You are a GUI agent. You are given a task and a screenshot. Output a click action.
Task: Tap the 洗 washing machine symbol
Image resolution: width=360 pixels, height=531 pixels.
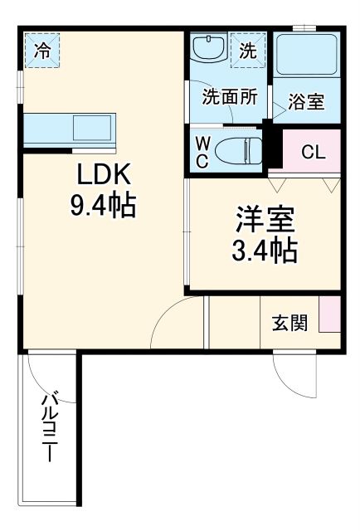248,51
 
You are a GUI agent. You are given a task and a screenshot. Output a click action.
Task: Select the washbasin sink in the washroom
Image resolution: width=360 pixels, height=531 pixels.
207,50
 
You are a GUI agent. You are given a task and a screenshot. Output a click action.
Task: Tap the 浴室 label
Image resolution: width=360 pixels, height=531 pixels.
306,104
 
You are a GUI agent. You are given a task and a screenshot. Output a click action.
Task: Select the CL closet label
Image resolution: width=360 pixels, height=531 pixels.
313,152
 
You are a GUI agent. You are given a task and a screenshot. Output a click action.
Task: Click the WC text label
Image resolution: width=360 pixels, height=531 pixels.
202,152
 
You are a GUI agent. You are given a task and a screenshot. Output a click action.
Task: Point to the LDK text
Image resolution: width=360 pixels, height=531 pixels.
104,175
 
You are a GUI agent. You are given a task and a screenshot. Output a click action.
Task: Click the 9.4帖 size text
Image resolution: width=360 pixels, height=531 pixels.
104,205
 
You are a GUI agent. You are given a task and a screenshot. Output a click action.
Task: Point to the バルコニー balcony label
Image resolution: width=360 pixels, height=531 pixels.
50,427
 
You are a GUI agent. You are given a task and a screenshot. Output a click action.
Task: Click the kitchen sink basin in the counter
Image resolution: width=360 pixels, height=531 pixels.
89,129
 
